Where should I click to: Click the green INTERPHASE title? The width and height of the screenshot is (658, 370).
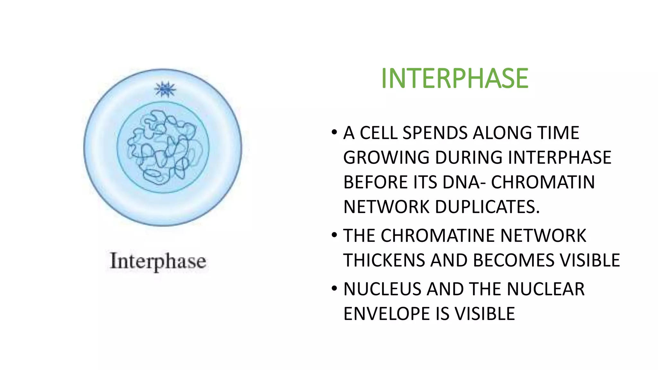[x=454, y=78]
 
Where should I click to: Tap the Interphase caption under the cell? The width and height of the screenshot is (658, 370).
[x=158, y=261]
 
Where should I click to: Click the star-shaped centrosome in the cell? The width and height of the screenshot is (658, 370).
[x=165, y=89]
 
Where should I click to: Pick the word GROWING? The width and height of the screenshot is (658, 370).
[x=387, y=157]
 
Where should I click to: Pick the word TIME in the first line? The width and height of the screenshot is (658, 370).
[x=559, y=133]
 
